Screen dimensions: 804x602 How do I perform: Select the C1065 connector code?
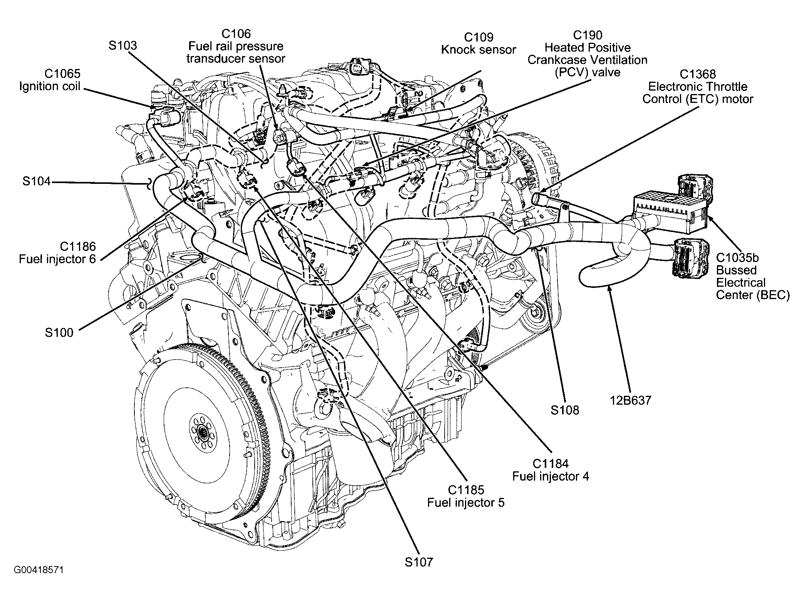click(62, 73)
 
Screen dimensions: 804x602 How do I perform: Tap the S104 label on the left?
click(36, 181)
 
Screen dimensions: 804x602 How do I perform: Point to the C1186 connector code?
click(77, 246)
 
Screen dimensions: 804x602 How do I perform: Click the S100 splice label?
click(59, 333)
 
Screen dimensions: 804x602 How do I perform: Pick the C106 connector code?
click(236, 34)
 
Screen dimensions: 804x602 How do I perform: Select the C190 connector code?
click(587, 35)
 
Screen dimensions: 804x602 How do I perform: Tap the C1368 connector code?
click(698, 74)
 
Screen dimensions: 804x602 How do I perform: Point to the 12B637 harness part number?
click(631, 400)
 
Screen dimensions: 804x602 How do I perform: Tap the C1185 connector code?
click(466, 490)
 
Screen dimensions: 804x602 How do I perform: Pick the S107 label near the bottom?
click(419, 562)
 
